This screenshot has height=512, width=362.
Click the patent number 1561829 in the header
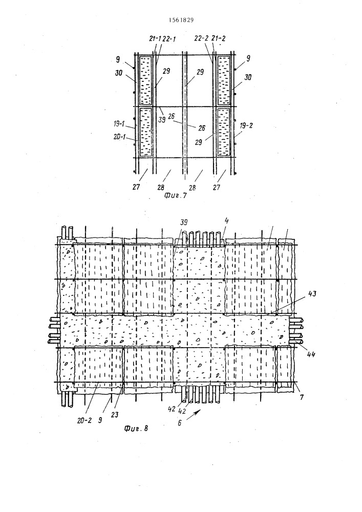click(x=181, y=20)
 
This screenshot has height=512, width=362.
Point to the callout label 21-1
click(x=155, y=38)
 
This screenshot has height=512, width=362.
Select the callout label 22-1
click(x=169, y=39)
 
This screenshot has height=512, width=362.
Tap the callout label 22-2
click(x=201, y=38)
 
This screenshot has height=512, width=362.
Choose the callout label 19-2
click(x=246, y=126)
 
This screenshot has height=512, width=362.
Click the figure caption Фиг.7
click(x=175, y=196)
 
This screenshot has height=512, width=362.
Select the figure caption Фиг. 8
click(x=136, y=428)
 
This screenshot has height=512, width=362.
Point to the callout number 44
click(x=311, y=353)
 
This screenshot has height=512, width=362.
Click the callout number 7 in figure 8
click(x=302, y=397)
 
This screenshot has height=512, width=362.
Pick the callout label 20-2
click(x=84, y=420)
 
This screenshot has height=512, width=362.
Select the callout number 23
click(x=114, y=415)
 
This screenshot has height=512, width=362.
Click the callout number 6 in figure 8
click(x=180, y=423)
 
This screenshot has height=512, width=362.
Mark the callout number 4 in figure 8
click(x=226, y=221)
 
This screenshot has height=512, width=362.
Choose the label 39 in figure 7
click(x=162, y=119)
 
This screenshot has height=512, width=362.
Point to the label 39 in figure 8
click(x=184, y=222)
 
